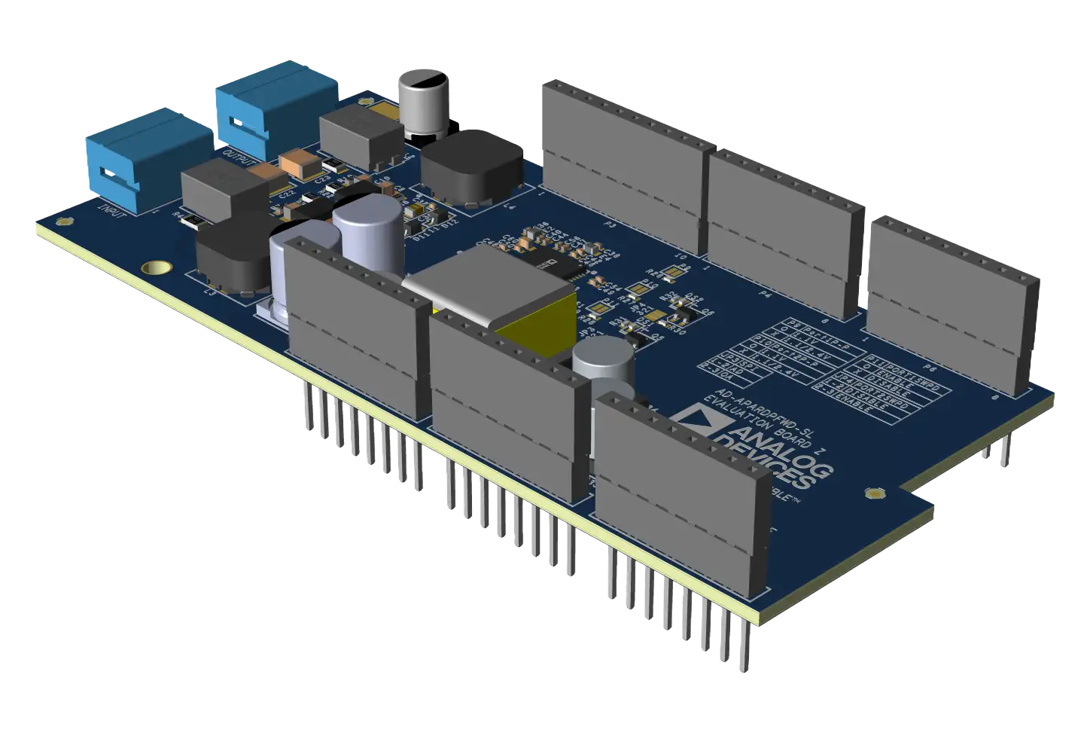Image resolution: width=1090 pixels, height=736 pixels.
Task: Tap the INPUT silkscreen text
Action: coord(113,209)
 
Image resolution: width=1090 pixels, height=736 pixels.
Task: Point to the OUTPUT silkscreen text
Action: coord(240,157)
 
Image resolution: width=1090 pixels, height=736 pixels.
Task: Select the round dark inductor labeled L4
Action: coord(472,166)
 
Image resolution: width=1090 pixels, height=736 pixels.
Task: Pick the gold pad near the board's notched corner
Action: coord(876,494)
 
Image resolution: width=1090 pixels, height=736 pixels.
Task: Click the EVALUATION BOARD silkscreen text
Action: coord(760,421)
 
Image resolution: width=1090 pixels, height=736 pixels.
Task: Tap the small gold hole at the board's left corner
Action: coord(65,221)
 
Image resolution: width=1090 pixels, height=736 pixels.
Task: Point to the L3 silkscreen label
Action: coord(210,293)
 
